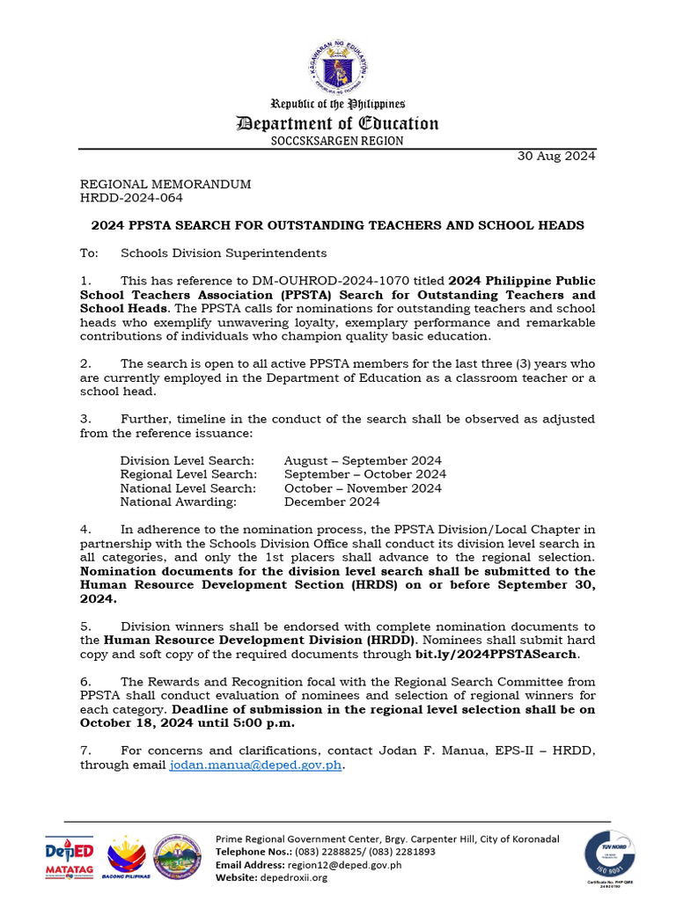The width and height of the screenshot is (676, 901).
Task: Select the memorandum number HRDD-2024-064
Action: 132,198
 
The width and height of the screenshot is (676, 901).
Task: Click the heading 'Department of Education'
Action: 337,123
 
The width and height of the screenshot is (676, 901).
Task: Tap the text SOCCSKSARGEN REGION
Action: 337,141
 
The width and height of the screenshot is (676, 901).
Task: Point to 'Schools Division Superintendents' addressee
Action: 211,253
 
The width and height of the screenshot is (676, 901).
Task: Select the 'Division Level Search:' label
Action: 187,461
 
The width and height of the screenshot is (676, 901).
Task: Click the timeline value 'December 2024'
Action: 332,502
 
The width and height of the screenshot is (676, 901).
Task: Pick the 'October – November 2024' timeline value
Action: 363,488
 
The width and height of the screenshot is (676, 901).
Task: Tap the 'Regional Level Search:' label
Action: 188,474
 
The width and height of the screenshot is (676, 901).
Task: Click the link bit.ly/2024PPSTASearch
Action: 496,655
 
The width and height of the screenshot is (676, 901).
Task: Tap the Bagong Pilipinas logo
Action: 127,857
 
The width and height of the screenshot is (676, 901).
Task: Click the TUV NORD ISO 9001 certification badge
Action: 609,856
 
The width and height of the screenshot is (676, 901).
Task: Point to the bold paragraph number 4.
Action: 85,530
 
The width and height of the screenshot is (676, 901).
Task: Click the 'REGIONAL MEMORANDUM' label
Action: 165,185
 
